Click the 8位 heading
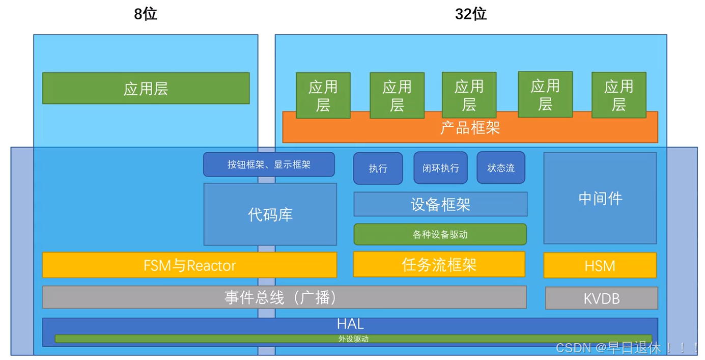click(146, 14)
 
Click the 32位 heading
click(471, 14)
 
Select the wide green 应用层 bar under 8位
click(146, 88)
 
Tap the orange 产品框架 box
click(470, 128)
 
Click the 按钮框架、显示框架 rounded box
click(269, 164)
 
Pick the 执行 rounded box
click(378, 168)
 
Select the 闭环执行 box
click(440, 168)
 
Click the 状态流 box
click(501, 168)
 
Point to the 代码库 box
click(270, 214)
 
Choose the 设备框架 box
click(440, 204)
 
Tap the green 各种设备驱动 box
click(440, 234)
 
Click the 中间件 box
click(600, 198)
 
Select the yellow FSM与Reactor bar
click(189, 265)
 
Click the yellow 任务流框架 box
click(439, 264)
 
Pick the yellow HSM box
click(600, 265)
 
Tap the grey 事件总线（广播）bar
click(284, 297)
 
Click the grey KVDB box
click(601, 298)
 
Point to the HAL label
click(350, 324)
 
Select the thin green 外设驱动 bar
click(353, 339)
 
